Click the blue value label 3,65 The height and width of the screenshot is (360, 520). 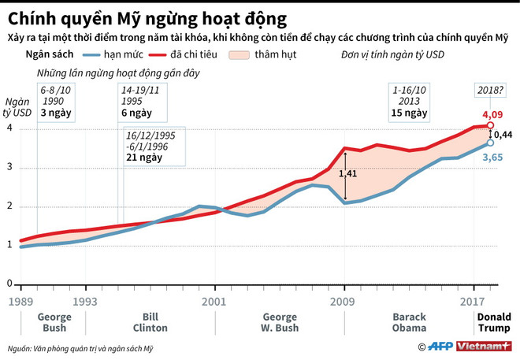click(492, 158)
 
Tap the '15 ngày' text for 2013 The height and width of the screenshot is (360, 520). click(407, 113)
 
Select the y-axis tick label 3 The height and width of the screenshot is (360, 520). click(9, 167)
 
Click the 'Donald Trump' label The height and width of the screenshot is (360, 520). click(494, 323)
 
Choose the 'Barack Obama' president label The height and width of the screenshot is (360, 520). click(409, 323)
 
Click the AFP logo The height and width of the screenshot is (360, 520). click(443, 347)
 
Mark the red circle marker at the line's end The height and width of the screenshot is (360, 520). click(490, 125)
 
